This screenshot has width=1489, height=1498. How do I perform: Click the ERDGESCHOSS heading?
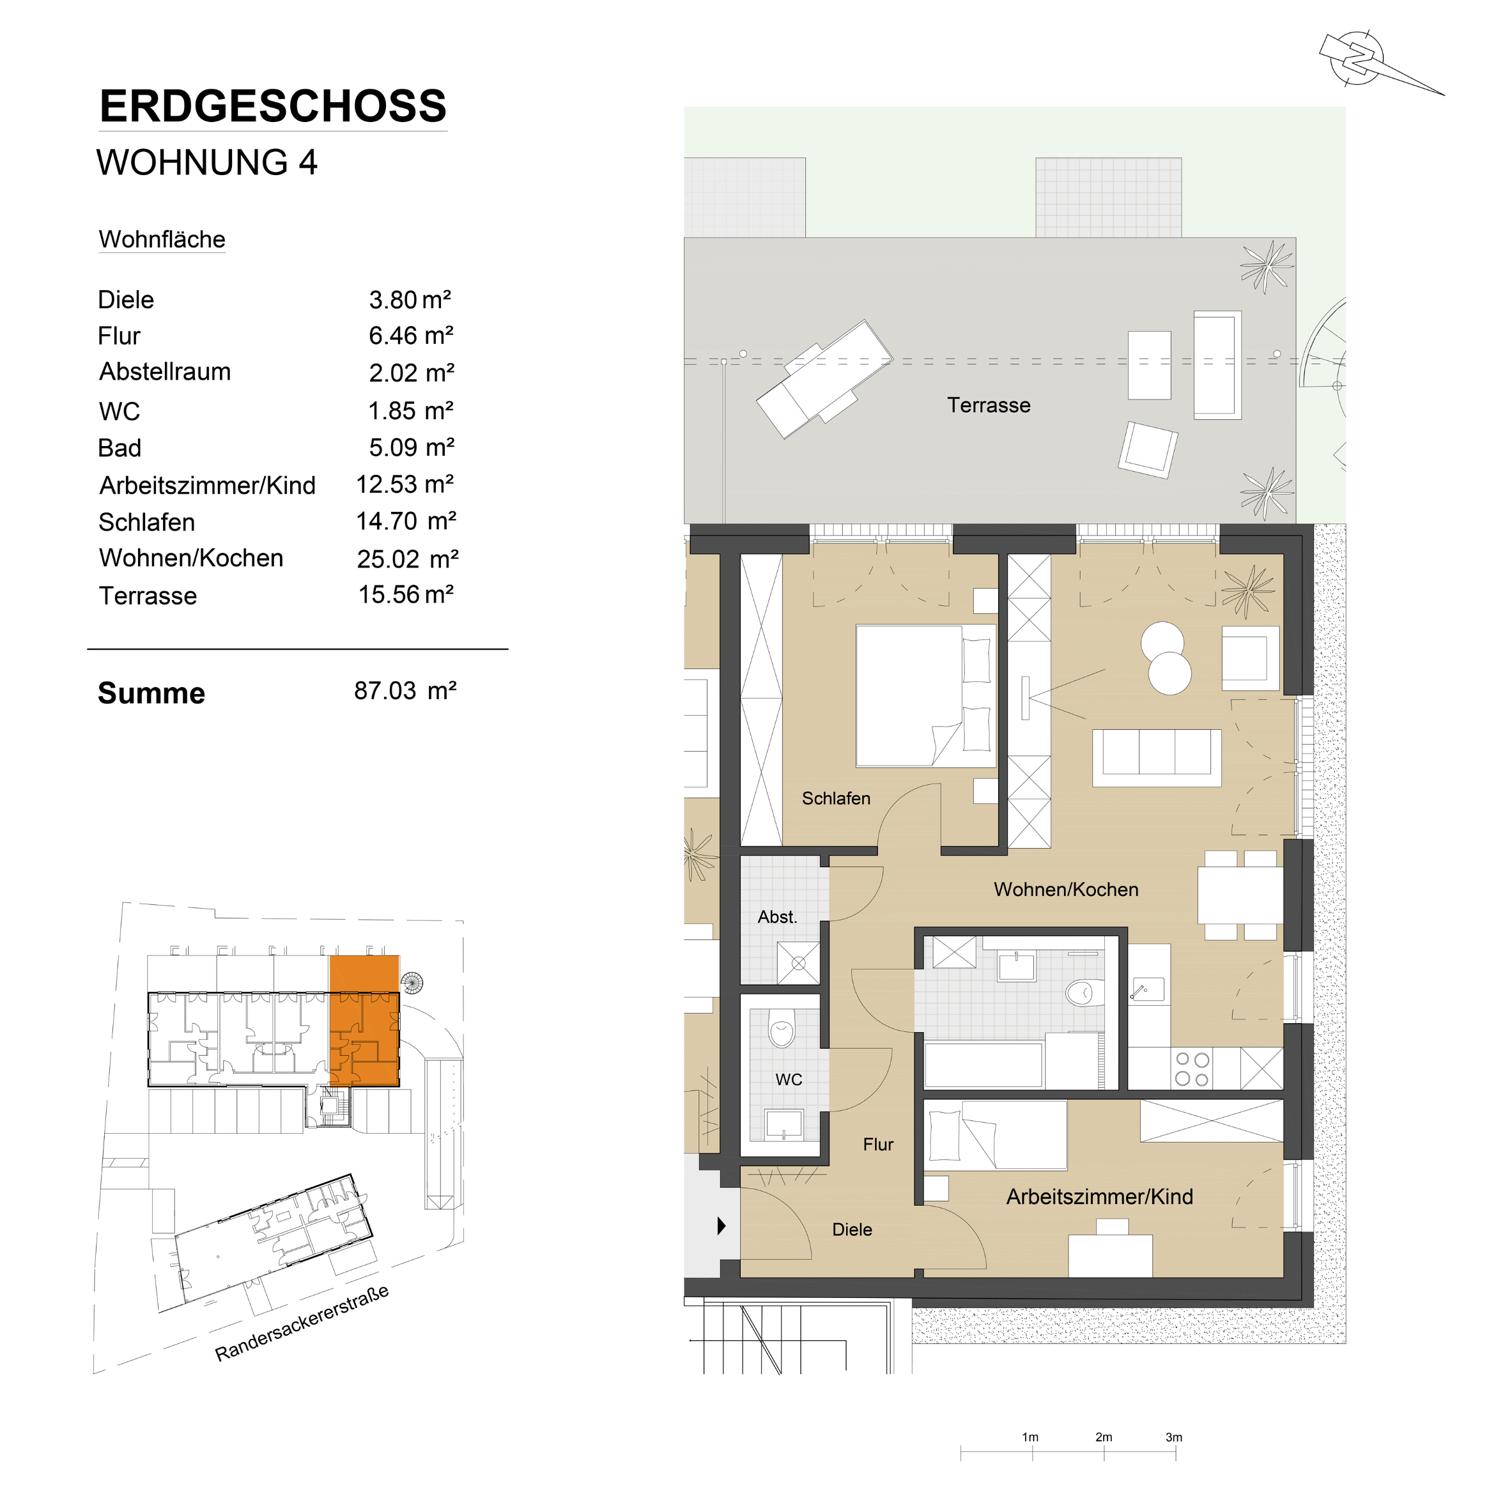click(273, 106)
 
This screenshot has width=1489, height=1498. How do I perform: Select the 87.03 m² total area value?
click(405, 691)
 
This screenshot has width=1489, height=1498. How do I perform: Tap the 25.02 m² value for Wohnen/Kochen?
click(407, 559)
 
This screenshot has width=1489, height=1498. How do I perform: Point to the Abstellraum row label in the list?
click(164, 371)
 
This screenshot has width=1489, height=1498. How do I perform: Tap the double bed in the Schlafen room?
click(925, 695)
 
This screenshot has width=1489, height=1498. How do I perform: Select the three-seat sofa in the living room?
click(1156, 757)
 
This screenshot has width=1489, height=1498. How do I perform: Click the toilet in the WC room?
click(781, 1028)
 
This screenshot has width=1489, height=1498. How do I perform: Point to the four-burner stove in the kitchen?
click(1191, 1069)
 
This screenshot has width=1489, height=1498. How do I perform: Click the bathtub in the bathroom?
click(983, 1064)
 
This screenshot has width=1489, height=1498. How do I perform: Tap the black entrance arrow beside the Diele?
click(721, 1226)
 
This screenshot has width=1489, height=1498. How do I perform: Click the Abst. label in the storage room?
click(777, 916)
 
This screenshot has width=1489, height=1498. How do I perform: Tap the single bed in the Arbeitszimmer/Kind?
click(996, 1134)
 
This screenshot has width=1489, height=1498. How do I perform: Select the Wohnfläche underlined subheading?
click(162, 240)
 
